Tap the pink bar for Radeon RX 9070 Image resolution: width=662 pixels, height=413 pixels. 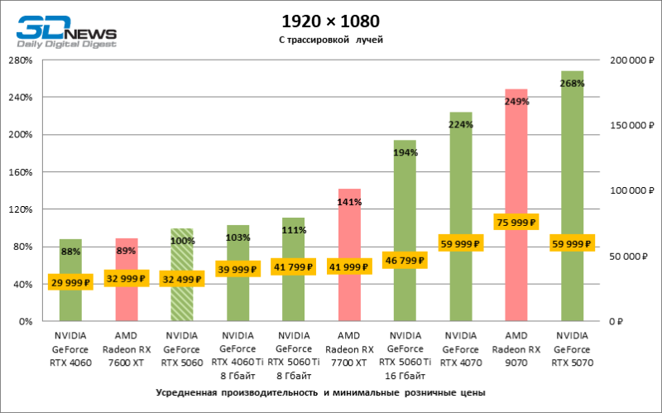(516, 166)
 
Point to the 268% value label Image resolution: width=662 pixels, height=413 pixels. (573, 83)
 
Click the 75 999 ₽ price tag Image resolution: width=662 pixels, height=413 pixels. (516, 222)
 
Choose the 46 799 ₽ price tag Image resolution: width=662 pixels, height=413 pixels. (404, 260)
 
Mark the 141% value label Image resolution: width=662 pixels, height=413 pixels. (348, 200)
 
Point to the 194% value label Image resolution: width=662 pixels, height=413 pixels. (405, 152)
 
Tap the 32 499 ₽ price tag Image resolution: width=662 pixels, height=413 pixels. (181, 279)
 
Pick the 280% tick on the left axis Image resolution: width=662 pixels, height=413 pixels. (20, 60)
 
